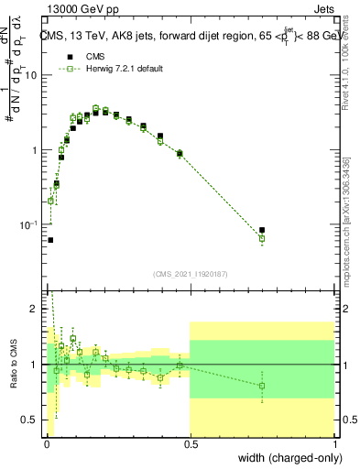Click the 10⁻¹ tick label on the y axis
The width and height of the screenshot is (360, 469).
click(x=29, y=224)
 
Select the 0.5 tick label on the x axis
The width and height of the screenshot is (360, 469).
click(x=190, y=444)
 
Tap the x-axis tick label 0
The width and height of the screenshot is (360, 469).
click(x=47, y=444)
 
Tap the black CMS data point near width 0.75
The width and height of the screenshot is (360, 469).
click(x=262, y=230)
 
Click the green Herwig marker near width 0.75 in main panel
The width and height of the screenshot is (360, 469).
click(x=262, y=238)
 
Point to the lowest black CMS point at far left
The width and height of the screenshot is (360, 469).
click(x=49, y=240)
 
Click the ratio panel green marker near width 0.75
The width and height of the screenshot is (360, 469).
click(x=262, y=386)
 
